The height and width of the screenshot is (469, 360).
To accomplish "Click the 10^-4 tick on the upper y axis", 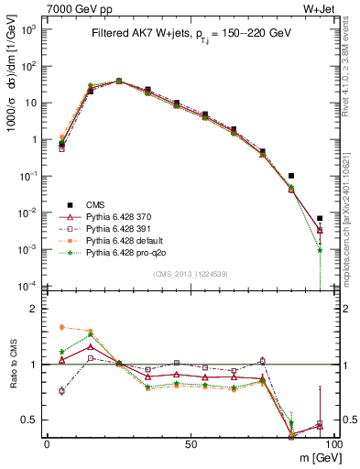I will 27,286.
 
